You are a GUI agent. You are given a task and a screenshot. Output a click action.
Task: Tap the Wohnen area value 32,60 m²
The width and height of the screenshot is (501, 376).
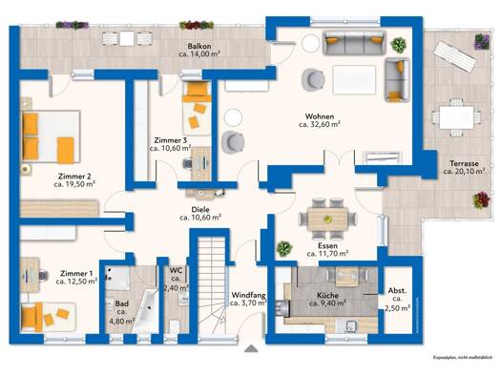pyautogui.click(x=319, y=125)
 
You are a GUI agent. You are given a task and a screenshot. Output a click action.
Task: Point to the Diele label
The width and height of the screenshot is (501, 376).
pyautogui.click(x=200, y=210)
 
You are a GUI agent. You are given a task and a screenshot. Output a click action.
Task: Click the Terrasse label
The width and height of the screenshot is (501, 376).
pyautogui.click(x=464, y=163)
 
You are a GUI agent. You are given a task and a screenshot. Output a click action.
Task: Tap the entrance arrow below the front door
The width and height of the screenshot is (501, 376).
pyautogui.click(x=251, y=348)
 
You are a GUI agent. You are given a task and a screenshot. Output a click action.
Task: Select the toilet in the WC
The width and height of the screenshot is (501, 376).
pyautogui.click(x=175, y=326)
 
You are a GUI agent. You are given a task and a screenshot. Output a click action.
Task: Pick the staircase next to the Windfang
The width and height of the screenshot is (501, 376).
pyautogui.click(x=212, y=286)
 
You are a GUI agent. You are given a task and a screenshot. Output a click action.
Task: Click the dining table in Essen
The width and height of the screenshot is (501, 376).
pyautogui.click(x=327, y=219)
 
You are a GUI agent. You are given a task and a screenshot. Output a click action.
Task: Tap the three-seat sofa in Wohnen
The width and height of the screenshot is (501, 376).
pyautogui.click(x=354, y=43)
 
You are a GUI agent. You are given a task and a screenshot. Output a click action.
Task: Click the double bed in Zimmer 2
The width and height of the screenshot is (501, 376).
pyautogui.click(x=51, y=136)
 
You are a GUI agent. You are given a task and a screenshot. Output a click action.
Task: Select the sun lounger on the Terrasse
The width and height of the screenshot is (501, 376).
pyautogui.click(x=454, y=56)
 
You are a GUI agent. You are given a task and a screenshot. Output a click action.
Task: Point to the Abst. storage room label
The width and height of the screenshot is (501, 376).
pyautogui.click(x=398, y=291)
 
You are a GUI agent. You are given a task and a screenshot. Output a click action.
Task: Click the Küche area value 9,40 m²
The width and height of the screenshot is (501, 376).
pyautogui.click(x=328, y=303)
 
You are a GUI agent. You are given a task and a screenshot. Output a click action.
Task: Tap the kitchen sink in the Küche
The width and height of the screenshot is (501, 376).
pyautogui.click(x=352, y=326)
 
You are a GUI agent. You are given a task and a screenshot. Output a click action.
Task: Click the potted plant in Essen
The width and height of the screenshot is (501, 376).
pyautogui.click(x=284, y=248)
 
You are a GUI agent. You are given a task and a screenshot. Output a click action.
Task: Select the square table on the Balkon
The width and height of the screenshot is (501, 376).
pyautogui.click(x=127, y=39)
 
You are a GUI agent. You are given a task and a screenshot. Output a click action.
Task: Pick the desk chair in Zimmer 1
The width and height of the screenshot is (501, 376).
pyautogui.click(x=43, y=276)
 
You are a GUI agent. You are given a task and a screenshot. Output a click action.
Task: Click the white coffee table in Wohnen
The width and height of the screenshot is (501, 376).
pyautogui.click(x=354, y=80)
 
